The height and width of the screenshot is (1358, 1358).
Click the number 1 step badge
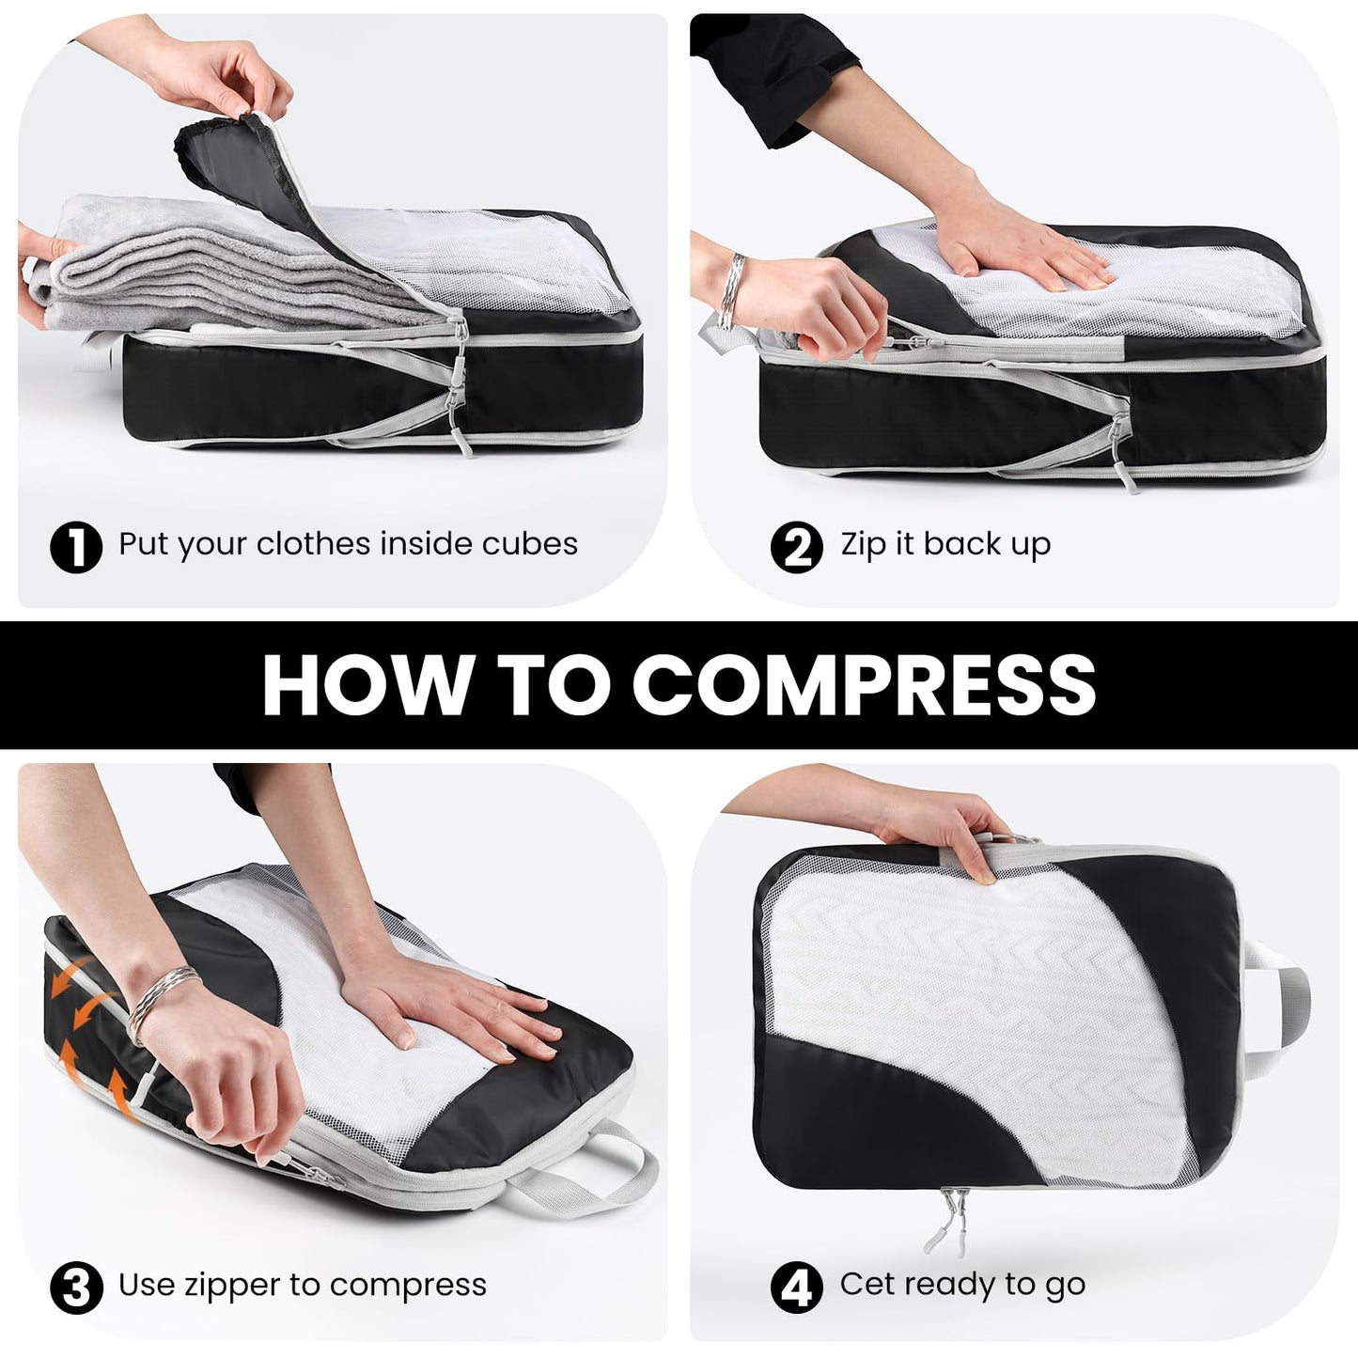75,546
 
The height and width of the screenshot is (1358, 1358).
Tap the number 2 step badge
796,546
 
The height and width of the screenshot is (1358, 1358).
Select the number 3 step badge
75,1288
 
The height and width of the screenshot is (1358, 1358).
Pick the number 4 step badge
796,1288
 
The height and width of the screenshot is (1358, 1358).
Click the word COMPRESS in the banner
864,684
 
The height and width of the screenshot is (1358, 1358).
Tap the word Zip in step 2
862,544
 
